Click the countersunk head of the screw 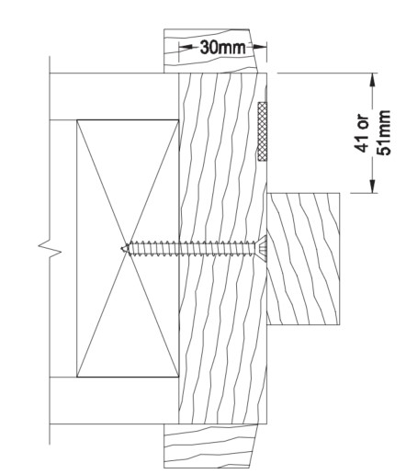coord(262,246)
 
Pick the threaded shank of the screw coord(193,246)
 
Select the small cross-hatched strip coord(263,131)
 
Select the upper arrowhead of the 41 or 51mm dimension coord(372,77)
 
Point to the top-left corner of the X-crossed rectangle coord(77,118)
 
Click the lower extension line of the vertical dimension coord(358,193)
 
